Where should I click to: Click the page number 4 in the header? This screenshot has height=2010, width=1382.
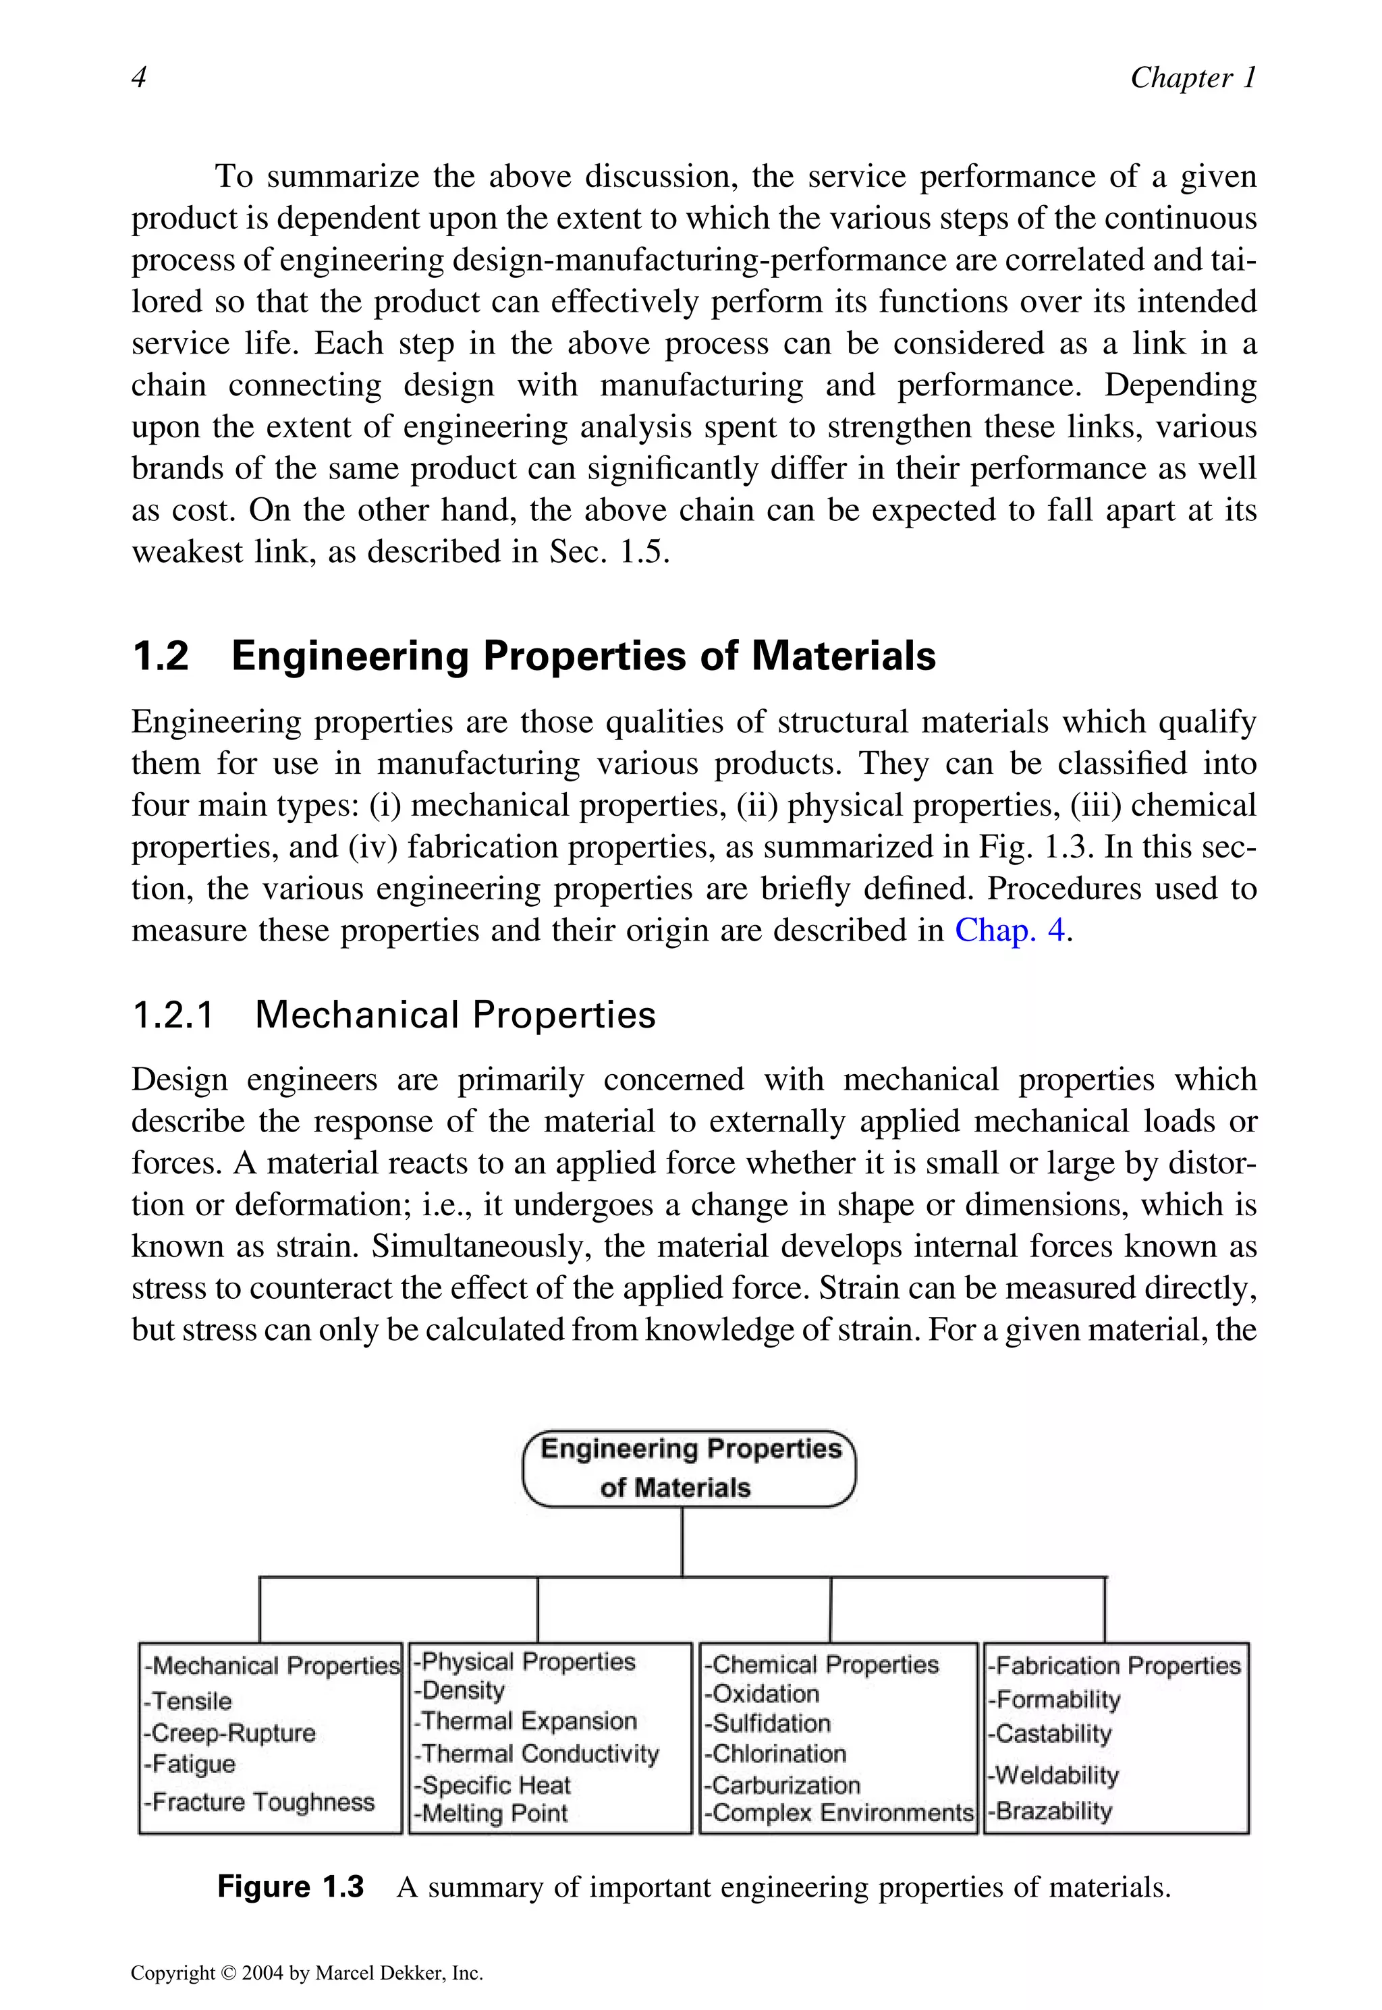click(138, 78)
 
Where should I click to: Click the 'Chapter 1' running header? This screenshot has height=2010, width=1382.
click(1192, 78)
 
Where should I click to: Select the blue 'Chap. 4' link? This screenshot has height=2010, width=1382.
click(1010, 930)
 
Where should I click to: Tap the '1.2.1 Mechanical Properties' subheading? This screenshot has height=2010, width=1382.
click(394, 1015)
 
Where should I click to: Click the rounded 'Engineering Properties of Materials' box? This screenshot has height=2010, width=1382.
click(689, 1468)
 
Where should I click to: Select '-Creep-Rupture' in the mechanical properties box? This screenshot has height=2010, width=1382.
click(229, 1733)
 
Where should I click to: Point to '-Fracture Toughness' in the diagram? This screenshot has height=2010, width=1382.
click(259, 1802)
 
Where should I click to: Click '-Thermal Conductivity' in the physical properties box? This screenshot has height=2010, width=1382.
click(536, 1754)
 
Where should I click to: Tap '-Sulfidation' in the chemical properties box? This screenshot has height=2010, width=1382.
click(767, 1723)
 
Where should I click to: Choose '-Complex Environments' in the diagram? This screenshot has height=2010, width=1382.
click(839, 1812)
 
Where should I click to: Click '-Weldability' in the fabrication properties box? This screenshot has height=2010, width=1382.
click(1053, 1775)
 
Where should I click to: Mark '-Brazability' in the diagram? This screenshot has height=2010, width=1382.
click(1049, 1811)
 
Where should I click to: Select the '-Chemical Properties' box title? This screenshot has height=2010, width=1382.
click(821, 1665)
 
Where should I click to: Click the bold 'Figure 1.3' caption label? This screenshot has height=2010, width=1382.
click(290, 1887)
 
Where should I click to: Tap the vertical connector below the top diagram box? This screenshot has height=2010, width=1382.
click(682, 1542)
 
